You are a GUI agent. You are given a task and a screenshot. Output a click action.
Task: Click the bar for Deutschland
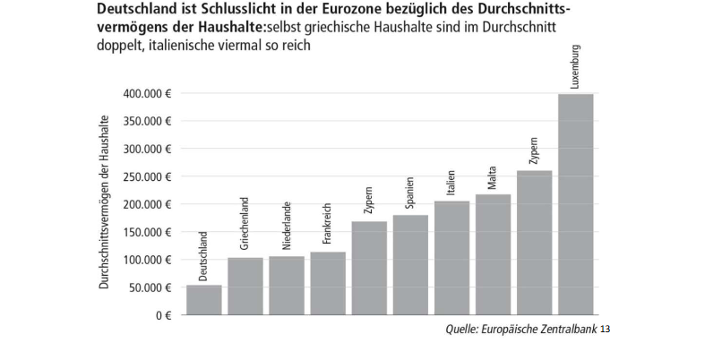coord(203,300)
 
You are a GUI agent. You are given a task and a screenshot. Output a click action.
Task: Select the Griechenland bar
coord(245,287)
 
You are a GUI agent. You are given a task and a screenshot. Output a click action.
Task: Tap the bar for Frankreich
coord(327,284)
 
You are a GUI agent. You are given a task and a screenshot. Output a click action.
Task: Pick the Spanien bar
coord(409,265)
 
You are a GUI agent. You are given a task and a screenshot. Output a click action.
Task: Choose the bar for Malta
coord(493,255)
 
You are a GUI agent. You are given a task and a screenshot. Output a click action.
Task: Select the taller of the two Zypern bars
coord(534,243)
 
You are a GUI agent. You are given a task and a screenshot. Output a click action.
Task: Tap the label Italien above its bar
coord(451,184)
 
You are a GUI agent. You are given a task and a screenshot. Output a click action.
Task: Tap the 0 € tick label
coord(161,316)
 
